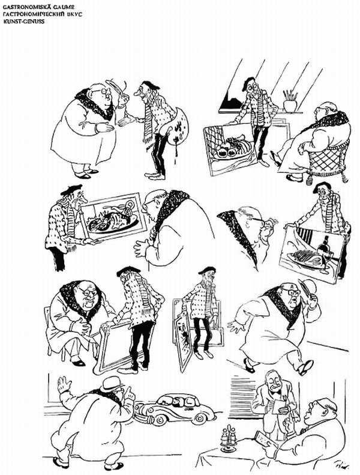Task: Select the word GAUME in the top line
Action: (63, 7)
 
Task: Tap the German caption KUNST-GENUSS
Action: (23, 21)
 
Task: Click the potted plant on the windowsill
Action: (290, 101)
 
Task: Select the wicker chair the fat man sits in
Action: (328, 160)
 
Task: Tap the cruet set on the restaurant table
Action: (229, 439)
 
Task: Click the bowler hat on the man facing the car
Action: (112, 384)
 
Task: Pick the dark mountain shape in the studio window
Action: (232, 101)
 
